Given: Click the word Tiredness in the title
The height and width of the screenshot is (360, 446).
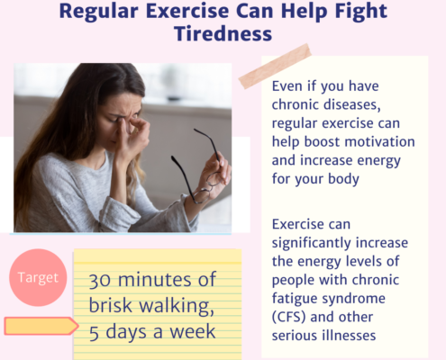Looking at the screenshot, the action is coord(223,33).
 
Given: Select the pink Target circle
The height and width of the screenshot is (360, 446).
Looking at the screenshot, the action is coord(38,277).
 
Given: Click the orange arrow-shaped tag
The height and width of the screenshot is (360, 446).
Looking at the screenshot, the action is coord(41,326).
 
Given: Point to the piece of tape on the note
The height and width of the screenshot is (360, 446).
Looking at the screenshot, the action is coord(275,66).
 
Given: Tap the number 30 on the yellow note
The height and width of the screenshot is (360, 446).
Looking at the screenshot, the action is coord(101,281).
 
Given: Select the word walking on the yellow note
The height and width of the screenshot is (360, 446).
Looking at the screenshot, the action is coord(175,306).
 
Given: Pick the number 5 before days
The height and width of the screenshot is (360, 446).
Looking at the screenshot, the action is coord(94,333).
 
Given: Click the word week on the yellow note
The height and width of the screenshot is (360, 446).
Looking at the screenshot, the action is coord(193,332).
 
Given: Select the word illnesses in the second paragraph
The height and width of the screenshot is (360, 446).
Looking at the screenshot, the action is coord(341,336).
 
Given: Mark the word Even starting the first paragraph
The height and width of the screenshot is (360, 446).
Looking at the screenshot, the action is coord(287,86).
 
